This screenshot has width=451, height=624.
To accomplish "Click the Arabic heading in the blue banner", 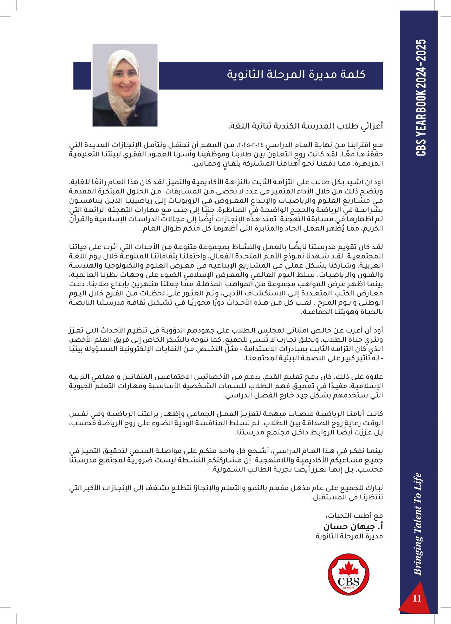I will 296,74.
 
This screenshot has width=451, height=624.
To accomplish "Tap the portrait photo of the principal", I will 125,85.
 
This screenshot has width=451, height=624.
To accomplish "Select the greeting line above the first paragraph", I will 306,126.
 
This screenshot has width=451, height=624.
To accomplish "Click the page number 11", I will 417,598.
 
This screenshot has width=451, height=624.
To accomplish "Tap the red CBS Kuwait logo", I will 348,574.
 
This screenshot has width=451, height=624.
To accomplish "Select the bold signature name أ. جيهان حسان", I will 353,526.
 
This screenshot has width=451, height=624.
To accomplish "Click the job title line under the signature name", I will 349,536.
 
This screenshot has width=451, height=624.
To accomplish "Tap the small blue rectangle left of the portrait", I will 82,75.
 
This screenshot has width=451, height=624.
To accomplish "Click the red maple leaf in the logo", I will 348,568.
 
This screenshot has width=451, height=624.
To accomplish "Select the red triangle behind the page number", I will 414,599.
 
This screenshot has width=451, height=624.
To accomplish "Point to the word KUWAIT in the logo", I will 348,588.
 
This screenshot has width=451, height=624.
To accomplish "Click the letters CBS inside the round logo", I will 348,581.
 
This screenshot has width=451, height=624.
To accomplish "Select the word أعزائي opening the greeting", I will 372,126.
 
